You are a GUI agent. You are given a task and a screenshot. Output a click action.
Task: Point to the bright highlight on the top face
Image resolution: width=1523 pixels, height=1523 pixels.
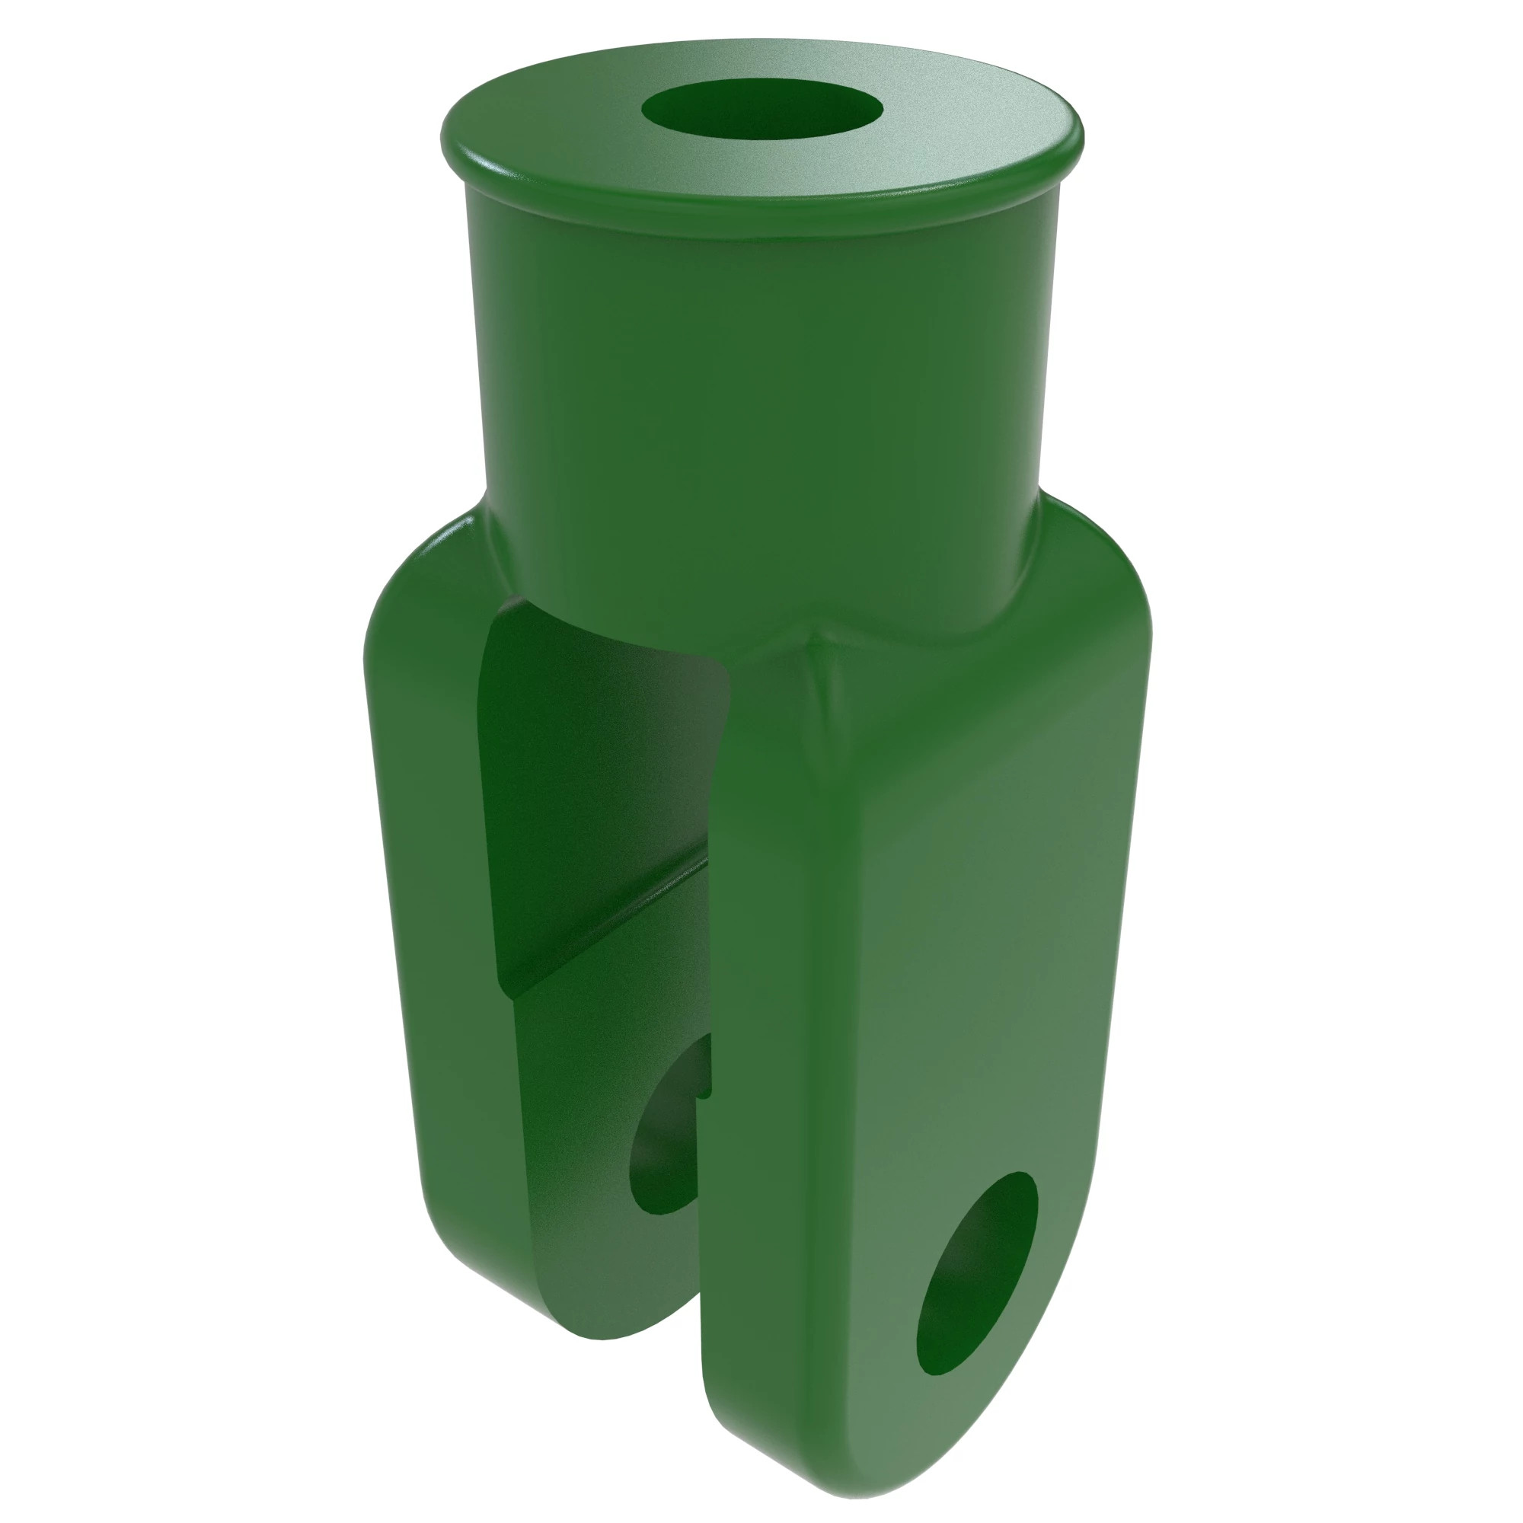coord(946,118)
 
